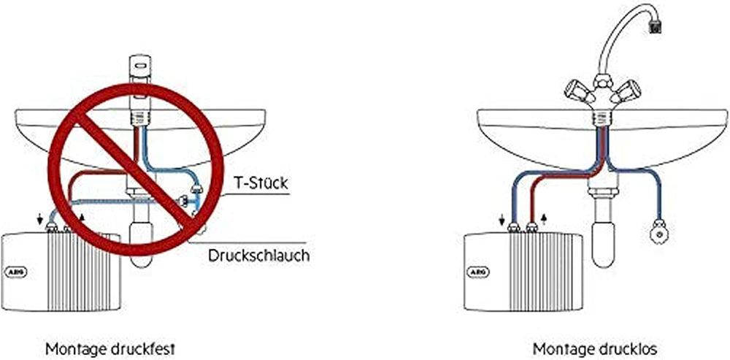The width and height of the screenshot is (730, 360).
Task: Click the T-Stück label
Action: tap(261, 183)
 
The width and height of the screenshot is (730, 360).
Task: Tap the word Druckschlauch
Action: tap(259, 256)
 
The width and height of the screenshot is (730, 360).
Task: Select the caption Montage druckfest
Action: tap(110, 348)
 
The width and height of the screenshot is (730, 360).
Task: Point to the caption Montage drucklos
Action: tap(595, 348)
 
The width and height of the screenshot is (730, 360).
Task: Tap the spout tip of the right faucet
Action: tap(655, 28)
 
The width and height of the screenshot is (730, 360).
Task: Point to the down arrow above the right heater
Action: tap(502, 219)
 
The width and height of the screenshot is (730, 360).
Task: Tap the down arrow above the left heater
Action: tap(40, 218)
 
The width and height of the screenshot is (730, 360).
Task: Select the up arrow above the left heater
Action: tap(82, 217)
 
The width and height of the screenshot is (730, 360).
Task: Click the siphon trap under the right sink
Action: tap(604, 229)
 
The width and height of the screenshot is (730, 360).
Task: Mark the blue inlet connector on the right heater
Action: tap(513, 228)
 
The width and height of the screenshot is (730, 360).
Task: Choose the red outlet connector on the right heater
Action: tap(531, 228)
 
